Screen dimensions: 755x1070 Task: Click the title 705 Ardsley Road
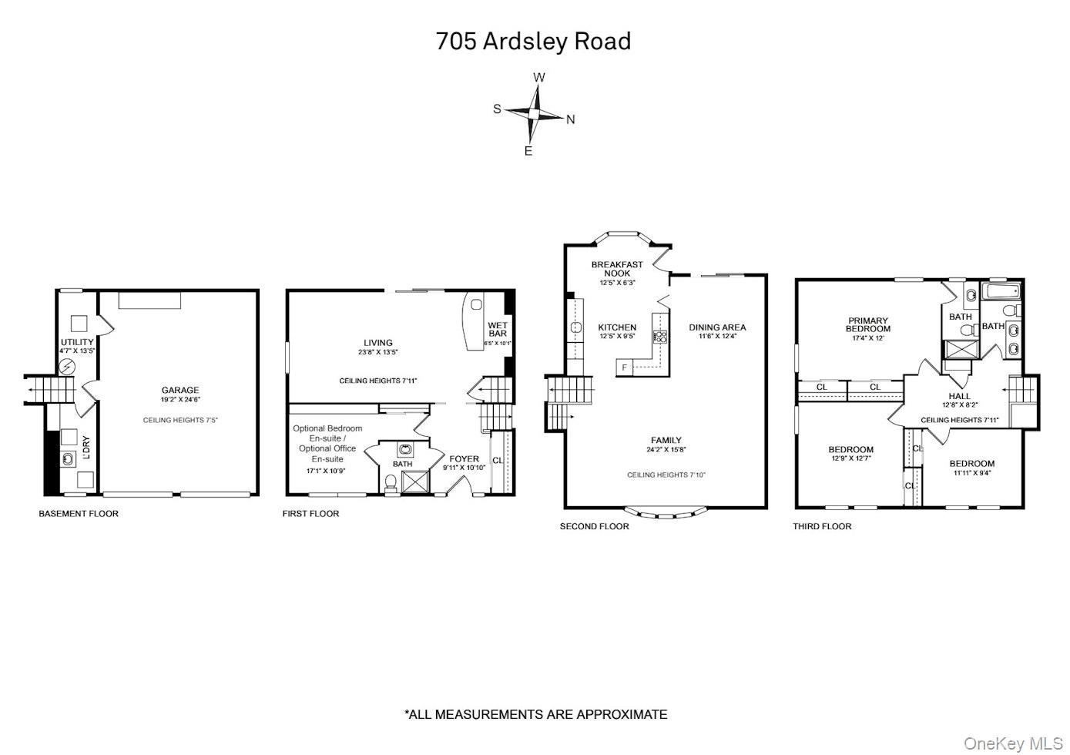533,41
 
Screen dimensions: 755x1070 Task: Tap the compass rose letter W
539,77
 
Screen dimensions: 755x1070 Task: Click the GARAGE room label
180,390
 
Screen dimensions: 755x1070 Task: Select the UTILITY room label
77,342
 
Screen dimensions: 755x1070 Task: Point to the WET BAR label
498,329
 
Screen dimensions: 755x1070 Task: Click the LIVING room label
378,343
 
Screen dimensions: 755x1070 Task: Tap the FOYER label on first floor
464,459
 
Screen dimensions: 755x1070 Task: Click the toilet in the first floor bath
391,482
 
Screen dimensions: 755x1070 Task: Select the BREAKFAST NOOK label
617,269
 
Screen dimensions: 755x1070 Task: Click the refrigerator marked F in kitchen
624,367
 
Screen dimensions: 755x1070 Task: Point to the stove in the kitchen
659,337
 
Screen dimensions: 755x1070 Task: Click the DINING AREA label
717,327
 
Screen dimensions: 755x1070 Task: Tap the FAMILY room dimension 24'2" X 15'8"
666,450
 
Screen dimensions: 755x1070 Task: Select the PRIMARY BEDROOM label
868,324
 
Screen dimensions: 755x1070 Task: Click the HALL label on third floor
959,396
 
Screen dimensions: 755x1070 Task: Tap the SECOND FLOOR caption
594,526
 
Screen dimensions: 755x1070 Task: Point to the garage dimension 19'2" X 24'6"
180,400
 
